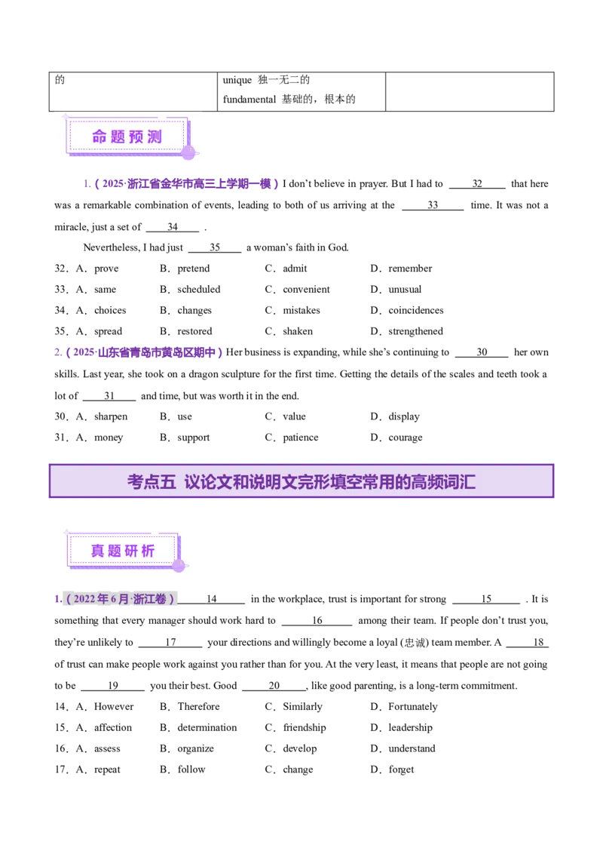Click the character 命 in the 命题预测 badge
100,137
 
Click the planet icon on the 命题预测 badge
188,152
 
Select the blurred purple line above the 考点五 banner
139,352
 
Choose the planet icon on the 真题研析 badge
179,565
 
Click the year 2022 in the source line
84,600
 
